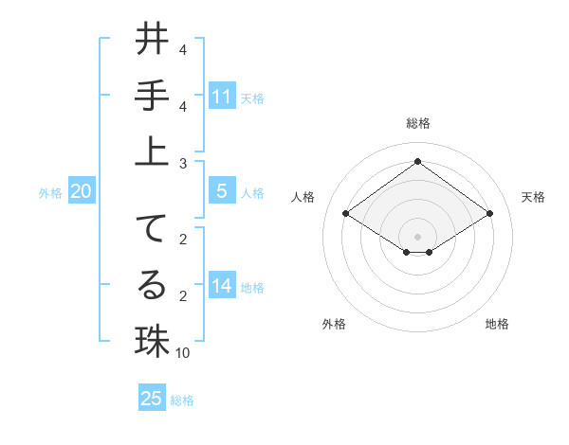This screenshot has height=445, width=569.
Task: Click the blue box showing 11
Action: point(222,97)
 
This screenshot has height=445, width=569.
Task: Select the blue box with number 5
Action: point(222,191)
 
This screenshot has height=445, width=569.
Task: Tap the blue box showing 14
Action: point(222,286)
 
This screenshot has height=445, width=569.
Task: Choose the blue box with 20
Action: point(82,191)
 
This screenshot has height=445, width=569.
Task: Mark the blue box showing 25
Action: point(152,399)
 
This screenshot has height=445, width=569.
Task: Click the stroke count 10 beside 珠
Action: point(183,353)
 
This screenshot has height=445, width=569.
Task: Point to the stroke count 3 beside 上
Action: point(182,164)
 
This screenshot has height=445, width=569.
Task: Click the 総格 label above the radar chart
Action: point(417,123)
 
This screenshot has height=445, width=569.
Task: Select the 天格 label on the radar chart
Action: point(533,197)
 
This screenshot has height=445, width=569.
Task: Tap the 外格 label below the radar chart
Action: point(334,324)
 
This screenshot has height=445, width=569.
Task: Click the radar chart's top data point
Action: point(417,161)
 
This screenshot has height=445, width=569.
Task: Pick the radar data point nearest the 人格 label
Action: point(345,214)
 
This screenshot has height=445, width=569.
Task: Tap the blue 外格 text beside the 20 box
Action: point(50,193)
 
